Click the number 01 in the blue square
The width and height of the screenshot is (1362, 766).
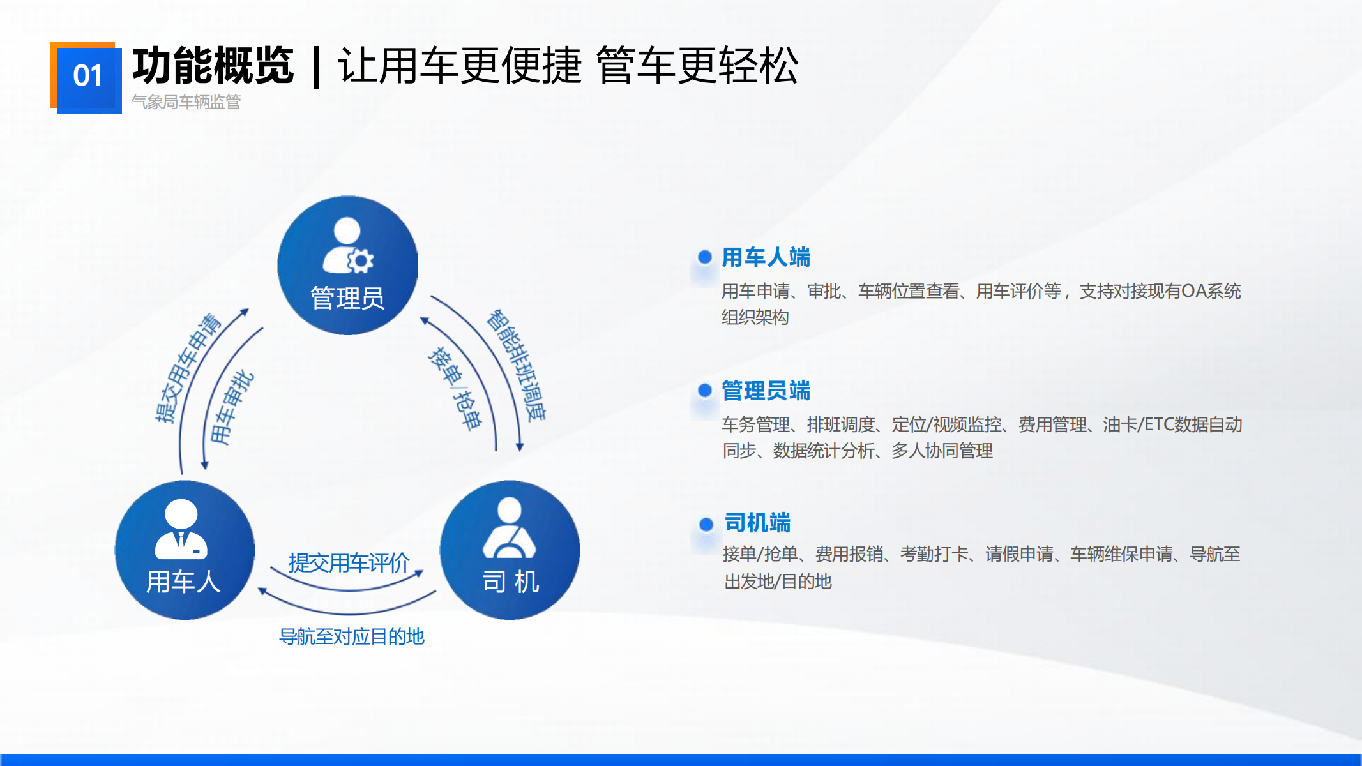pos(87,76)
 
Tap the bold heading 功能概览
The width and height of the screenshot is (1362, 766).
pos(213,65)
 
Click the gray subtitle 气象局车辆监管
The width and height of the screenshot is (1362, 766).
pos(186,102)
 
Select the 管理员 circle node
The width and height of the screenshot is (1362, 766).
pos(347,265)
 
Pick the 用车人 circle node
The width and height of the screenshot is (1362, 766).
pos(185,550)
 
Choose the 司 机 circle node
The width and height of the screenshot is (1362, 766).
pos(510,550)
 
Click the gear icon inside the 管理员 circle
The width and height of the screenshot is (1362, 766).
pos(361,260)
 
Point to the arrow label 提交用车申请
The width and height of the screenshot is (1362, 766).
pos(188,368)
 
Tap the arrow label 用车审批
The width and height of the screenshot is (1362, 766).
pos(232,407)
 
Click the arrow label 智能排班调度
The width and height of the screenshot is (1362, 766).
pos(517,365)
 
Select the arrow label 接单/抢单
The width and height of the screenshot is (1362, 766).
pos(455,388)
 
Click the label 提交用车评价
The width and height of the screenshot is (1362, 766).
pos(349,563)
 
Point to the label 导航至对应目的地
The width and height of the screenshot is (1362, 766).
pos(351,636)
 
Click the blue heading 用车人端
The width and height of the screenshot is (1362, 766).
pos(766,257)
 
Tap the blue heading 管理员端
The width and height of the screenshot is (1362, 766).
pos(766,391)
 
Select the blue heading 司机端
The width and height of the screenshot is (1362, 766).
pos(758,523)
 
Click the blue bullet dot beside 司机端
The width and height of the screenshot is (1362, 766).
pos(706,525)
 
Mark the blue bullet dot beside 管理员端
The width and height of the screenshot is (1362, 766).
pos(705,390)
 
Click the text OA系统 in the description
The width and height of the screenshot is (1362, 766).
pos(1211,291)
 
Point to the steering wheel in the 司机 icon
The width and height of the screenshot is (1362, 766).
pos(510,549)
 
